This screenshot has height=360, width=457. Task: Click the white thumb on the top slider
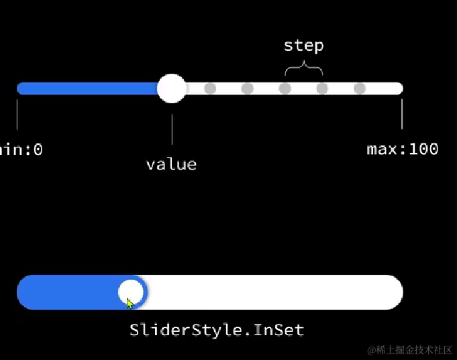pyautogui.click(x=172, y=88)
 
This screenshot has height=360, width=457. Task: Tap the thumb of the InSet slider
pyautogui.click(x=131, y=292)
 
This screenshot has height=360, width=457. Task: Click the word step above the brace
pyautogui.click(x=303, y=46)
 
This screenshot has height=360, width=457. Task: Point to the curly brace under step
pyautogui.click(x=303, y=68)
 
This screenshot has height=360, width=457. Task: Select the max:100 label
pyautogui.click(x=403, y=149)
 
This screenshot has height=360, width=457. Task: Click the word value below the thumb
pyautogui.click(x=171, y=164)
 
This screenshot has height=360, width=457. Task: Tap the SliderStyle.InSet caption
pyautogui.click(x=217, y=330)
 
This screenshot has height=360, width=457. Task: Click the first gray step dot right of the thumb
pyautogui.click(x=210, y=88)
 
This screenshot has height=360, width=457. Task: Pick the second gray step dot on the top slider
pyautogui.click(x=247, y=88)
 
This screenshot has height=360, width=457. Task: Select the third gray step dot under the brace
pyautogui.click(x=285, y=88)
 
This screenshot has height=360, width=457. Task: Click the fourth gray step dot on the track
pyautogui.click(x=322, y=88)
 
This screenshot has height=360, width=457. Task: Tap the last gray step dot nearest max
pyautogui.click(x=359, y=88)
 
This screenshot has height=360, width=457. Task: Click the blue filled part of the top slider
pyautogui.click(x=87, y=88)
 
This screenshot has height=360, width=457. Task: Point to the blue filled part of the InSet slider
pyautogui.click(x=67, y=292)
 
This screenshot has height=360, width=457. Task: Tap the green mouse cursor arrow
pyautogui.click(x=130, y=303)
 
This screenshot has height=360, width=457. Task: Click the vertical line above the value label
pyautogui.click(x=172, y=129)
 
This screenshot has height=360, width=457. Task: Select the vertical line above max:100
pyautogui.click(x=402, y=114)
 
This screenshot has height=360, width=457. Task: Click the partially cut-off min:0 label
pyautogui.click(x=20, y=149)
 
